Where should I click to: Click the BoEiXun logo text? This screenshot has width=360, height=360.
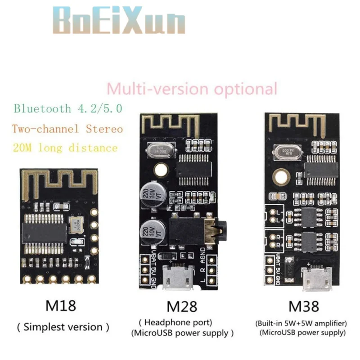point(119,21)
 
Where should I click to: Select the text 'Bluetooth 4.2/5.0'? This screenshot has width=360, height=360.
point(67,108)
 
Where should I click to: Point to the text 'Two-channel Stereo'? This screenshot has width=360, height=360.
point(67,129)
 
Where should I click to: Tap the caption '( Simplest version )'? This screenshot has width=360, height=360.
point(63,327)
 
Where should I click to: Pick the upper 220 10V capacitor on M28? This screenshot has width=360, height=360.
point(154,194)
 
